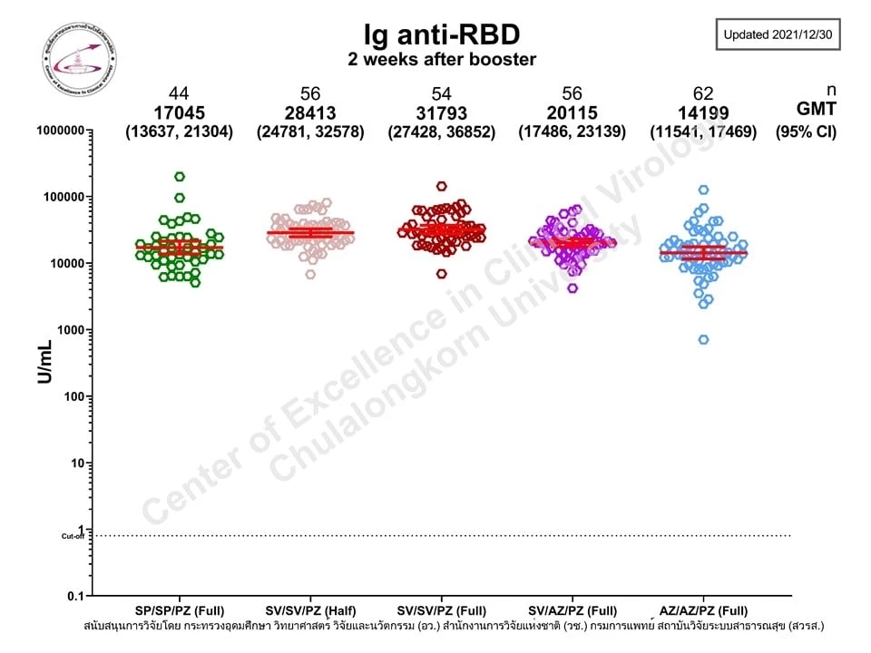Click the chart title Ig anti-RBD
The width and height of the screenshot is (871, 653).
442,34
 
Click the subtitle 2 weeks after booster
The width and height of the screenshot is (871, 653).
442,60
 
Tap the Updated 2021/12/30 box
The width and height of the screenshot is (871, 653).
778,35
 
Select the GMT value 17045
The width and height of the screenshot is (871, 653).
179,112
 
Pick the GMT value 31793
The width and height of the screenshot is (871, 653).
441,112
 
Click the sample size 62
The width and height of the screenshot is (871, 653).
703,94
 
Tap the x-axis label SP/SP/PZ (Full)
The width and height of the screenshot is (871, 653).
179,609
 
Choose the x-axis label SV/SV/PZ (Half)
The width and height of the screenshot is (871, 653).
310,609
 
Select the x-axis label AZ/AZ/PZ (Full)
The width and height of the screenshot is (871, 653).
703,609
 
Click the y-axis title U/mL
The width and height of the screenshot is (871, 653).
44,363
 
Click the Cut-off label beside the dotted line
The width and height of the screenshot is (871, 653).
73,536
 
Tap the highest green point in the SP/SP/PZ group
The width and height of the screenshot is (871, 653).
180,177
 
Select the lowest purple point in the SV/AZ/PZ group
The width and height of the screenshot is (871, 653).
573,288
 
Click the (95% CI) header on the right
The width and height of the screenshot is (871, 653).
806,132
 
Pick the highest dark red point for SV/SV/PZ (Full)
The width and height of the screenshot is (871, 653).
442,186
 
